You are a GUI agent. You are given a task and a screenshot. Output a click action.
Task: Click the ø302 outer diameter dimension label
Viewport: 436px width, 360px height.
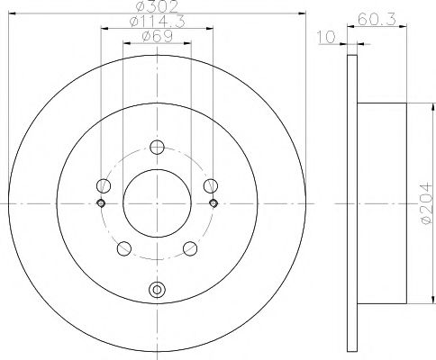pos(156,7)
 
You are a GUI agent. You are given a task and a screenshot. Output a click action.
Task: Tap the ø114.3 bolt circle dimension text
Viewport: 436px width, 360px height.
pos(156,22)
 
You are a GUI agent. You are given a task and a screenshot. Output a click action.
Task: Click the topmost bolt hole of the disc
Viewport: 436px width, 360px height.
pos(157,148)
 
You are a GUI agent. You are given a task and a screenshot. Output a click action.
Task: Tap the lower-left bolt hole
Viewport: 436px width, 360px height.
pos(125,248)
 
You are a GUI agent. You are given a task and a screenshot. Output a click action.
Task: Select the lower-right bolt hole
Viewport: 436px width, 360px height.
pos(189,248)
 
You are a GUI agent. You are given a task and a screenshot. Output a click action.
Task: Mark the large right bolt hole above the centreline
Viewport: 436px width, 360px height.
pos(211,187)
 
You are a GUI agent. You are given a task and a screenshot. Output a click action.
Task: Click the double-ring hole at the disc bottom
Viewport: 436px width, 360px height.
pos(157,290)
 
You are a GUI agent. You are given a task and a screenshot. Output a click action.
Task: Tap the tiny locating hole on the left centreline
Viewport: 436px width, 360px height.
pos(102,203)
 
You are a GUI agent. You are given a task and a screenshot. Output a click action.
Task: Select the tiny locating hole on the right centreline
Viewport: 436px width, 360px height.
pos(213,203)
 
